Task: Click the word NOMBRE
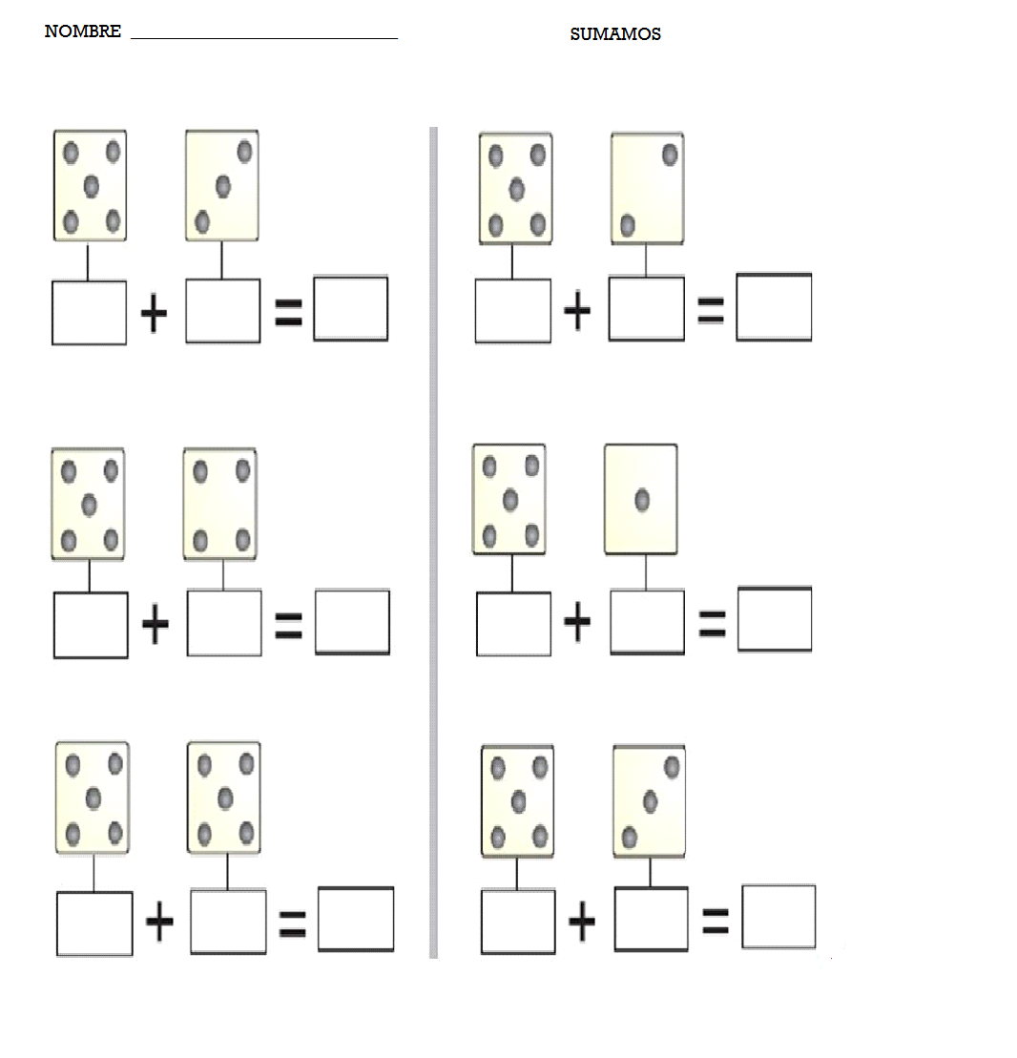tap(83, 31)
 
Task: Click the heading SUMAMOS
tap(615, 34)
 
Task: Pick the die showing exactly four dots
tap(220, 504)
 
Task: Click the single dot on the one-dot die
tap(642, 499)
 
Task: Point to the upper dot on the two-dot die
tap(670, 155)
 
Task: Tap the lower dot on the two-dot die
tap(627, 225)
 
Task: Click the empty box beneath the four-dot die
tap(224, 623)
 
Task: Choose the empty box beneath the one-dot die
tap(647, 622)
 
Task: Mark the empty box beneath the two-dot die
tap(647, 309)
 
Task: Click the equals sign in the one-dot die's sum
tap(711, 623)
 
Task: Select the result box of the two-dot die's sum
tap(774, 307)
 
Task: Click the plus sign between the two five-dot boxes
tap(160, 922)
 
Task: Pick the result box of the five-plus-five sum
tap(356, 920)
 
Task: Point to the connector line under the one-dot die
tap(646, 572)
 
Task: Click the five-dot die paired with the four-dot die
tap(88, 504)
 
